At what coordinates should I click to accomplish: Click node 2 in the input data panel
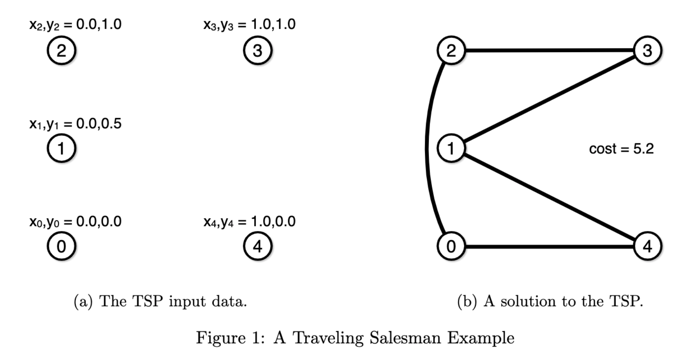(x=61, y=50)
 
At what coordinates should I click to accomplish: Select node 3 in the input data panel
(x=257, y=50)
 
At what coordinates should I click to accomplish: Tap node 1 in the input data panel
(x=61, y=148)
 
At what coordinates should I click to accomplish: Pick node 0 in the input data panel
(x=61, y=246)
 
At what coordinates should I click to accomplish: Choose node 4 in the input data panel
(x=257, y=246)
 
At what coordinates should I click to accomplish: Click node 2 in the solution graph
(x=451, y=50)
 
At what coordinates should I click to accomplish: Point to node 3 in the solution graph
(x=647, y=50)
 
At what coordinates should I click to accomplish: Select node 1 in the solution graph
(x=451, y=148)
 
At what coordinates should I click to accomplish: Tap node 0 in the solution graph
(x=451, y=246)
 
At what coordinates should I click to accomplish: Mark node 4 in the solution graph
(x=647, y=246)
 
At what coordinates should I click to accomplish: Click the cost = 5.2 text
(x=621, y=149)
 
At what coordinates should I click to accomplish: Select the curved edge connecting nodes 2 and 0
(x=427, y=148)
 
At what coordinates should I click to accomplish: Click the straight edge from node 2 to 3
(x=549, y=50)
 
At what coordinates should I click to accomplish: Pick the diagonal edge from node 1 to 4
(x=549, y=197)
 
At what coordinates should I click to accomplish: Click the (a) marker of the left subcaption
(x=83, y=301)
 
